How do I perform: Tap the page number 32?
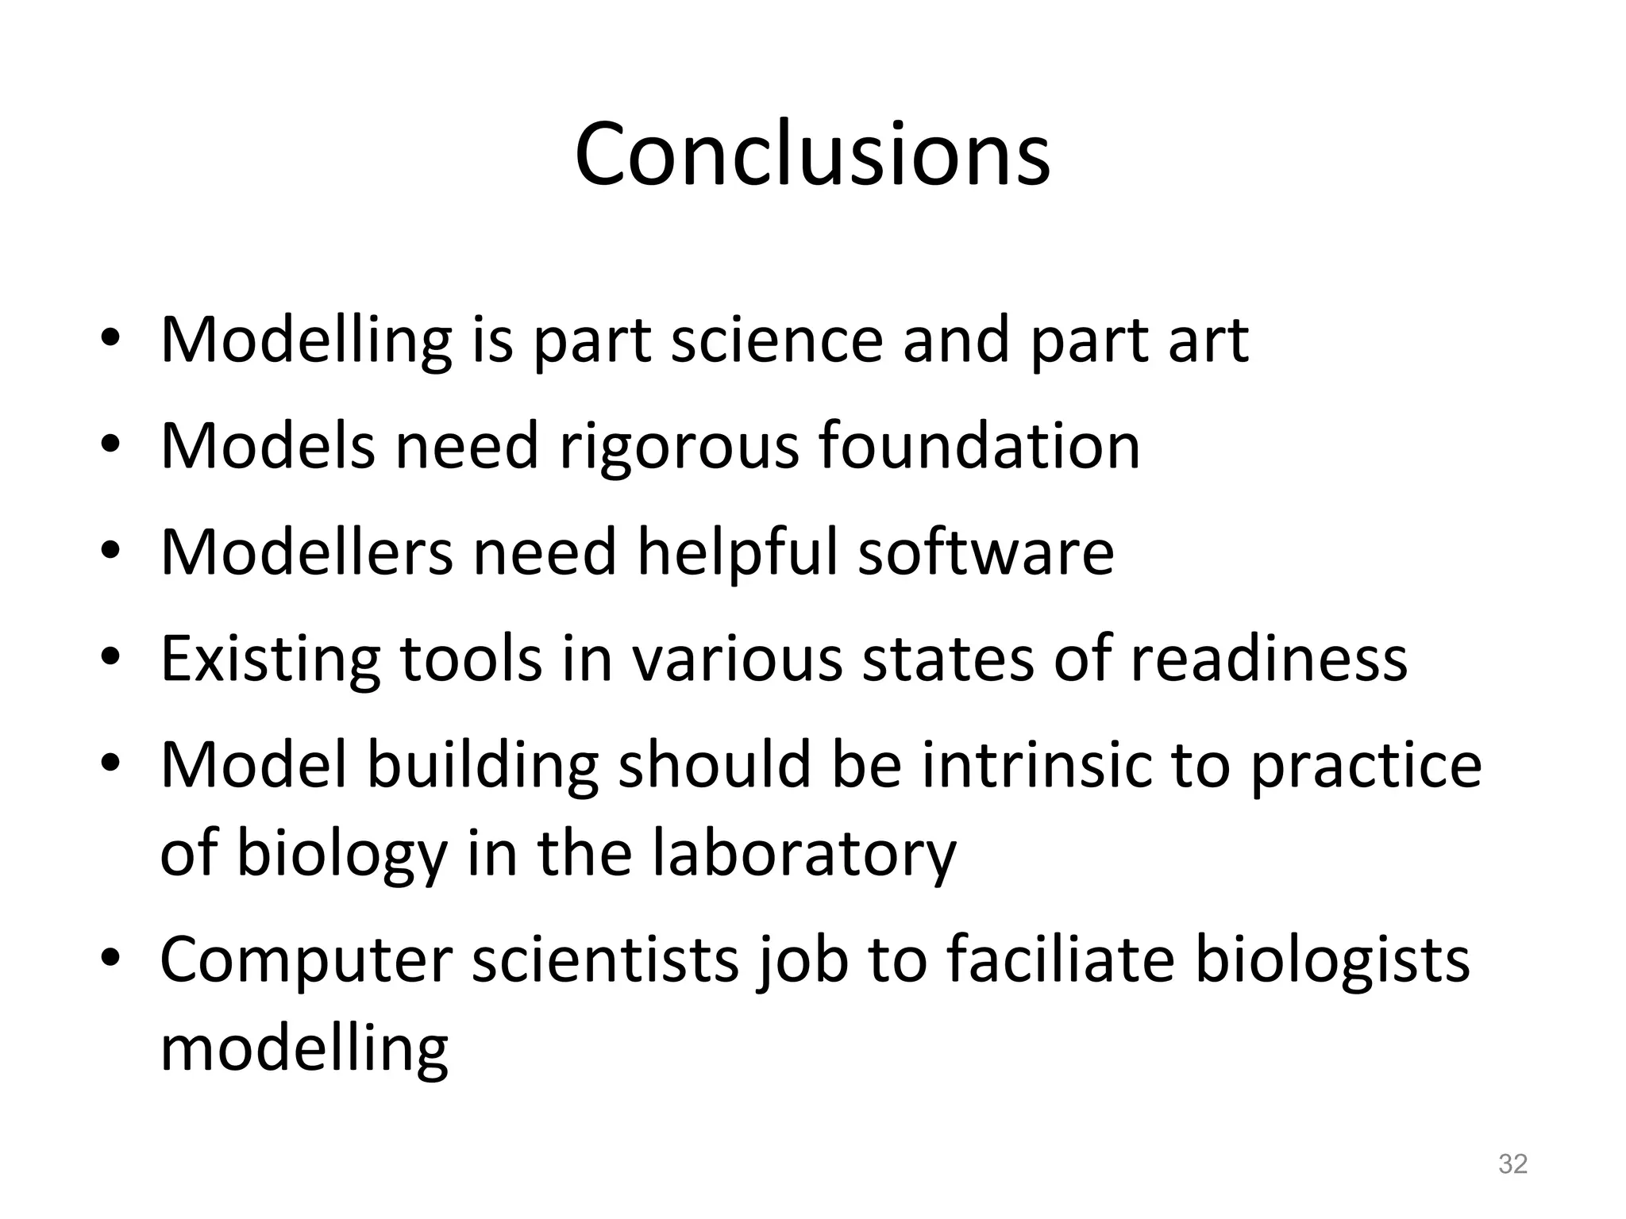[x=1512, y=1163]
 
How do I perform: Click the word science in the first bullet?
[x=776, y=340]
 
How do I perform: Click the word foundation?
[x=980, y=445]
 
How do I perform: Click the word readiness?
[x=1268, y=659]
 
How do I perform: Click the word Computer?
[x=306, y=960]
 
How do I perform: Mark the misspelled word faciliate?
[x=1061, y=959]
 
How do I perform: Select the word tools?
[x=471, y=659]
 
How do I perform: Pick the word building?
[x=483, y=766]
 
